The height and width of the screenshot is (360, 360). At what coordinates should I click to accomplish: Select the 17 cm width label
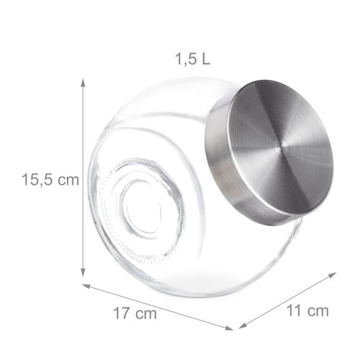click(135, 314)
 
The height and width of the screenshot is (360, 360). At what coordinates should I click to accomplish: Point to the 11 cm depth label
click(307, 311)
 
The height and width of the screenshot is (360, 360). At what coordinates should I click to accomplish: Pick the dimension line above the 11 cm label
click(288, 300)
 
